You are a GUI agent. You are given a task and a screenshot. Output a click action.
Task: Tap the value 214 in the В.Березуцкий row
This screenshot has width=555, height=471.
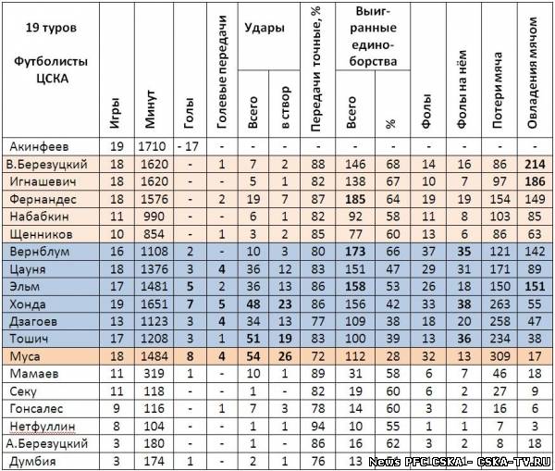click(533, 164)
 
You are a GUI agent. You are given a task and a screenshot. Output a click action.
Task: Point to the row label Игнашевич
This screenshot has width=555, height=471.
click(38, 181)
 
